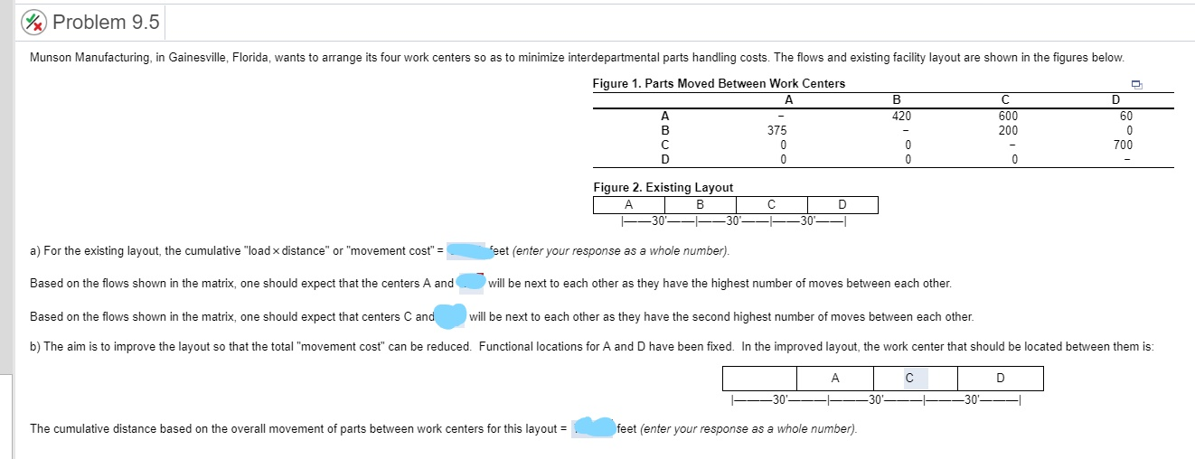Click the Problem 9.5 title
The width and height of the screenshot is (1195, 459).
point(106,22)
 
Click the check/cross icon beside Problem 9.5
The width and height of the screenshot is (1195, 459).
point(36,22)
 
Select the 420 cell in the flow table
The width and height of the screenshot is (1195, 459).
point(901,116)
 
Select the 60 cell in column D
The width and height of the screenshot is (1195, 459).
point(1124,116)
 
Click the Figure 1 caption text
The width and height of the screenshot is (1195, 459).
point(719,84)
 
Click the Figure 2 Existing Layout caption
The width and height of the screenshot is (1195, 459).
point(663,188)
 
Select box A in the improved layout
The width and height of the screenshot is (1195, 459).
point(834,378)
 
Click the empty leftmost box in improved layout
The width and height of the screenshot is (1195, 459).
point(759,378)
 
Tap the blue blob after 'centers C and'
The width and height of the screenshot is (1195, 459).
point(451,315)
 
